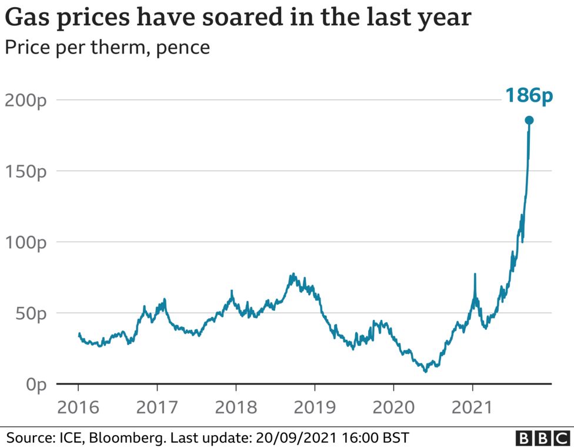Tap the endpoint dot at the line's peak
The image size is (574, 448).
pos(529,121)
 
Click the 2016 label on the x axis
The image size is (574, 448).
pos(78,407)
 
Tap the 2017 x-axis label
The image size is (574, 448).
pos(157,407)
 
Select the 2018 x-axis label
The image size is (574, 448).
pos(236,407)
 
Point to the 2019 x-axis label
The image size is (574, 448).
pos(315,407)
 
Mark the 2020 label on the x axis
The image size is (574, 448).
pos(393,407)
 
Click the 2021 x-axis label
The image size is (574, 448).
pos(472,407)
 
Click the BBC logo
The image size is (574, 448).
pos(542,438)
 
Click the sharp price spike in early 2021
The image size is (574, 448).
pos(475,275)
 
